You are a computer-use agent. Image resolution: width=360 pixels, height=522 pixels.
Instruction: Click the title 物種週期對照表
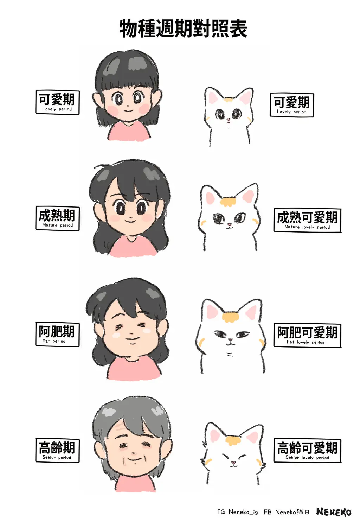(183, 29)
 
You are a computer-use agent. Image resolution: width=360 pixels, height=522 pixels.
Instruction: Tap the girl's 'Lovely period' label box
(57, 102)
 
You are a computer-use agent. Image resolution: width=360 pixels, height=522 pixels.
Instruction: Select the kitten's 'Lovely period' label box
(292, 105)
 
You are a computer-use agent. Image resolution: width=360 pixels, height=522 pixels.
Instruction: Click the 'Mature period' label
(57, 218)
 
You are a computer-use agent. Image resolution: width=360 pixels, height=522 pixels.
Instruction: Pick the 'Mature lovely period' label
(307, 220)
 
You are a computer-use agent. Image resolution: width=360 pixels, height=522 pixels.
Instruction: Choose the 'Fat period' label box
(57, 335)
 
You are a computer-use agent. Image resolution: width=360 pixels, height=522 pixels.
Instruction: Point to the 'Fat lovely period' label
(307, 335)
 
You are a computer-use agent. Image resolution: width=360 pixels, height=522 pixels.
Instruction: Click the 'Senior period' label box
(57, 451)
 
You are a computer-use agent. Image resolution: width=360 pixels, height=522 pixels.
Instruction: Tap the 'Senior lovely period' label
(307, 451)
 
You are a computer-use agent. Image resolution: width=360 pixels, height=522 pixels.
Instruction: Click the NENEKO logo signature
(333, 511)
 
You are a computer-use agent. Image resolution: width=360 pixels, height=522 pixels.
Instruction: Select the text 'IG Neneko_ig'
(238, 512)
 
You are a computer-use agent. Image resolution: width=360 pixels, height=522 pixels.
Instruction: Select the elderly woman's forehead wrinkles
(120, 426)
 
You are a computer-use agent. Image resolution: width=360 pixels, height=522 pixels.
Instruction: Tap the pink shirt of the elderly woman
(135, 483)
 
